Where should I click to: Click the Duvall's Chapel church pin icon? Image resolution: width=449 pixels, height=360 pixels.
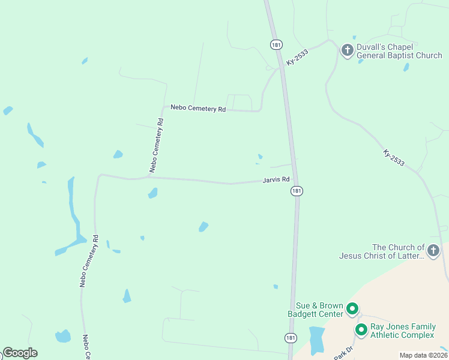click(347, 50)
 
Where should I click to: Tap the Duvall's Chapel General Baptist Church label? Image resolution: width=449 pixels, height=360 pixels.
click(399, 51)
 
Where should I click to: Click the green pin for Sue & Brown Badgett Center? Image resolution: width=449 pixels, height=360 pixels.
click(352, 310)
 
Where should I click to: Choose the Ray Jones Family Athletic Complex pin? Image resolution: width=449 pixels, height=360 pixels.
click(361, 329)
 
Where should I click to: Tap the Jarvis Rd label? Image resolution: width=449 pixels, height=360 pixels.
click(276, 179)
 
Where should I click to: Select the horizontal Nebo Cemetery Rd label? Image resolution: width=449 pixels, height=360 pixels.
click(197, 108)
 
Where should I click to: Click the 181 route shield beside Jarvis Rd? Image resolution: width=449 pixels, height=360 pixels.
click(296, 190)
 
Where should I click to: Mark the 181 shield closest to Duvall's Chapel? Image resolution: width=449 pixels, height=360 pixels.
click(276, 44)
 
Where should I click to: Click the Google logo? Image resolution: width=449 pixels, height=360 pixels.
click(20, 353)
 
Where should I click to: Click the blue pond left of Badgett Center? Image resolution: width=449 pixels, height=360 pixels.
click(316, 340)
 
